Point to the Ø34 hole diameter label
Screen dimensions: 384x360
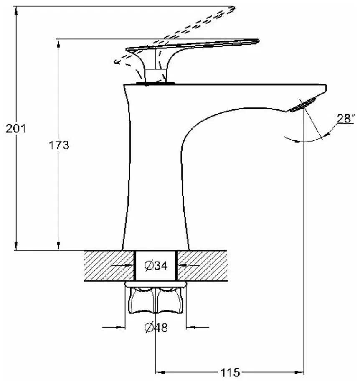(156, 265)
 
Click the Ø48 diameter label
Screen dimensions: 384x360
(156, 328)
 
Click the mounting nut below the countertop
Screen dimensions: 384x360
(156, 300)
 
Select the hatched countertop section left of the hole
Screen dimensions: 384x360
(109, 266)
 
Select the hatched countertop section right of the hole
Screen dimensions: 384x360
(203, 266)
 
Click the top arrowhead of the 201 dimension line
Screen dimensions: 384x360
(16, 11)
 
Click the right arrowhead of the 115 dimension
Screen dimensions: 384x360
(301, 371)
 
